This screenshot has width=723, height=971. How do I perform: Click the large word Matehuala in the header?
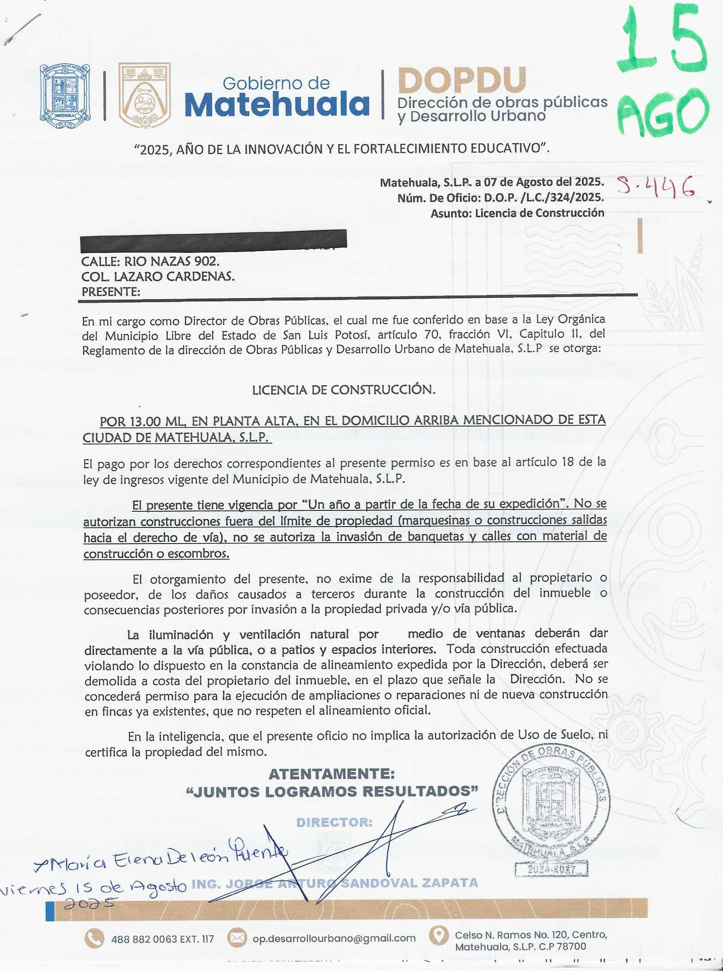click(x=277, y=104)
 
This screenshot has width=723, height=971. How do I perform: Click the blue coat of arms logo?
click(x=65, y=96)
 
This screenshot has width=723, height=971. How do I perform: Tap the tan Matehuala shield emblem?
click(x=144, y=96)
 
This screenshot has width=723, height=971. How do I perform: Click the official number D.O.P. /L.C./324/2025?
click(x=544, y=197)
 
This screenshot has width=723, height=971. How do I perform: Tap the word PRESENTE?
click(x=110, y=292)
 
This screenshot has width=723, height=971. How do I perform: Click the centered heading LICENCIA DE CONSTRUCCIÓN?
click(x=344, y=390)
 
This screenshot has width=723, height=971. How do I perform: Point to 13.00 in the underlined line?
click(x=145, y=422)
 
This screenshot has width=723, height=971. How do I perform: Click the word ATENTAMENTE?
click(x=331, y=774)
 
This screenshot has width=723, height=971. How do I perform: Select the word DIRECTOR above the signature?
click(x=334, y=822)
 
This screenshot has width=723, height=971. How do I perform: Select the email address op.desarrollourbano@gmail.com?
click(x=334, y=938)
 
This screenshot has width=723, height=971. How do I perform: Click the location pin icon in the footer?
click(x=439, y=935)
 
